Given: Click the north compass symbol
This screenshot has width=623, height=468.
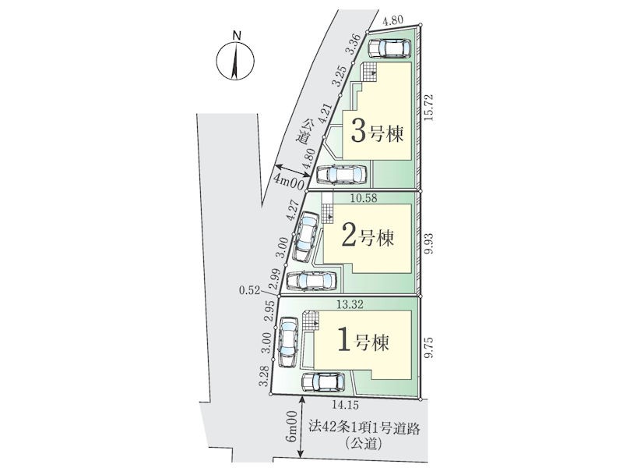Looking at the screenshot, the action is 235,61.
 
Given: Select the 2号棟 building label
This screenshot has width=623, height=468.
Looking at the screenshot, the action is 368,238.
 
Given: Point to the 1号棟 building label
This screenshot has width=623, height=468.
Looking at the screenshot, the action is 363,342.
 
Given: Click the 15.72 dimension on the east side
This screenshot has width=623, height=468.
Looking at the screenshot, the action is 428,108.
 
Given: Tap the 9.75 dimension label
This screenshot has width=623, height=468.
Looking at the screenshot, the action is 428,348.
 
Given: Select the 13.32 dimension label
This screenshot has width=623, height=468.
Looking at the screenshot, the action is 350,304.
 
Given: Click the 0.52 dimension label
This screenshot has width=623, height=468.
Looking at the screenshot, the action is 248,290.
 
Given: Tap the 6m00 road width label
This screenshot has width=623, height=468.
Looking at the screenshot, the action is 293,426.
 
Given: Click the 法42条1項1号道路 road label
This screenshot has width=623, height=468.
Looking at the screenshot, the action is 364,429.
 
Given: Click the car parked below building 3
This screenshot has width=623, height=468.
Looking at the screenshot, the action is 342,174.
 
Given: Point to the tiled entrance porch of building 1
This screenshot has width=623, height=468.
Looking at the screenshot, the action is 311,320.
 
